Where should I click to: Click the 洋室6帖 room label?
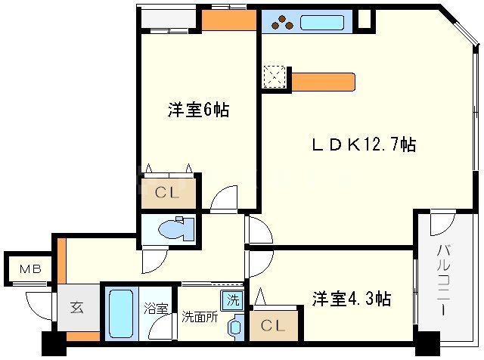[x=198, y=110]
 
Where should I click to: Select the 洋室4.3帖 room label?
[x=352, y=299]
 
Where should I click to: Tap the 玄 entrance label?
[x=77, y=308]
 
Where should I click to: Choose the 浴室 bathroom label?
[x=156, y=308]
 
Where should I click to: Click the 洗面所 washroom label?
[x=200, y=317]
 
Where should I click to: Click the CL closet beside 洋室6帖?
[x=167, y=192]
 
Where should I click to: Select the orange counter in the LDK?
[x=322, y=81]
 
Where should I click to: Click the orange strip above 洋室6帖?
[x=229, y=20]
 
